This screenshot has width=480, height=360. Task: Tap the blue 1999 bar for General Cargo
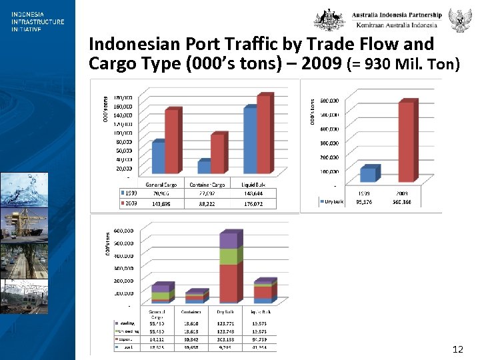point(159,157)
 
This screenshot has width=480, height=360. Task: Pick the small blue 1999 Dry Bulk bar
point(367,175)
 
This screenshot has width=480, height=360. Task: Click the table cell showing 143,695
point(161,203)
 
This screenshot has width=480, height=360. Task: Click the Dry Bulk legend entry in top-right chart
point(331,201)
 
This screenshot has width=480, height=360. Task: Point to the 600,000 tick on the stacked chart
point(122,231)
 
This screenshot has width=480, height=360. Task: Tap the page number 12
point(457,349)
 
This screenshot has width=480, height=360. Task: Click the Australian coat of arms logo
point(329,20)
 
